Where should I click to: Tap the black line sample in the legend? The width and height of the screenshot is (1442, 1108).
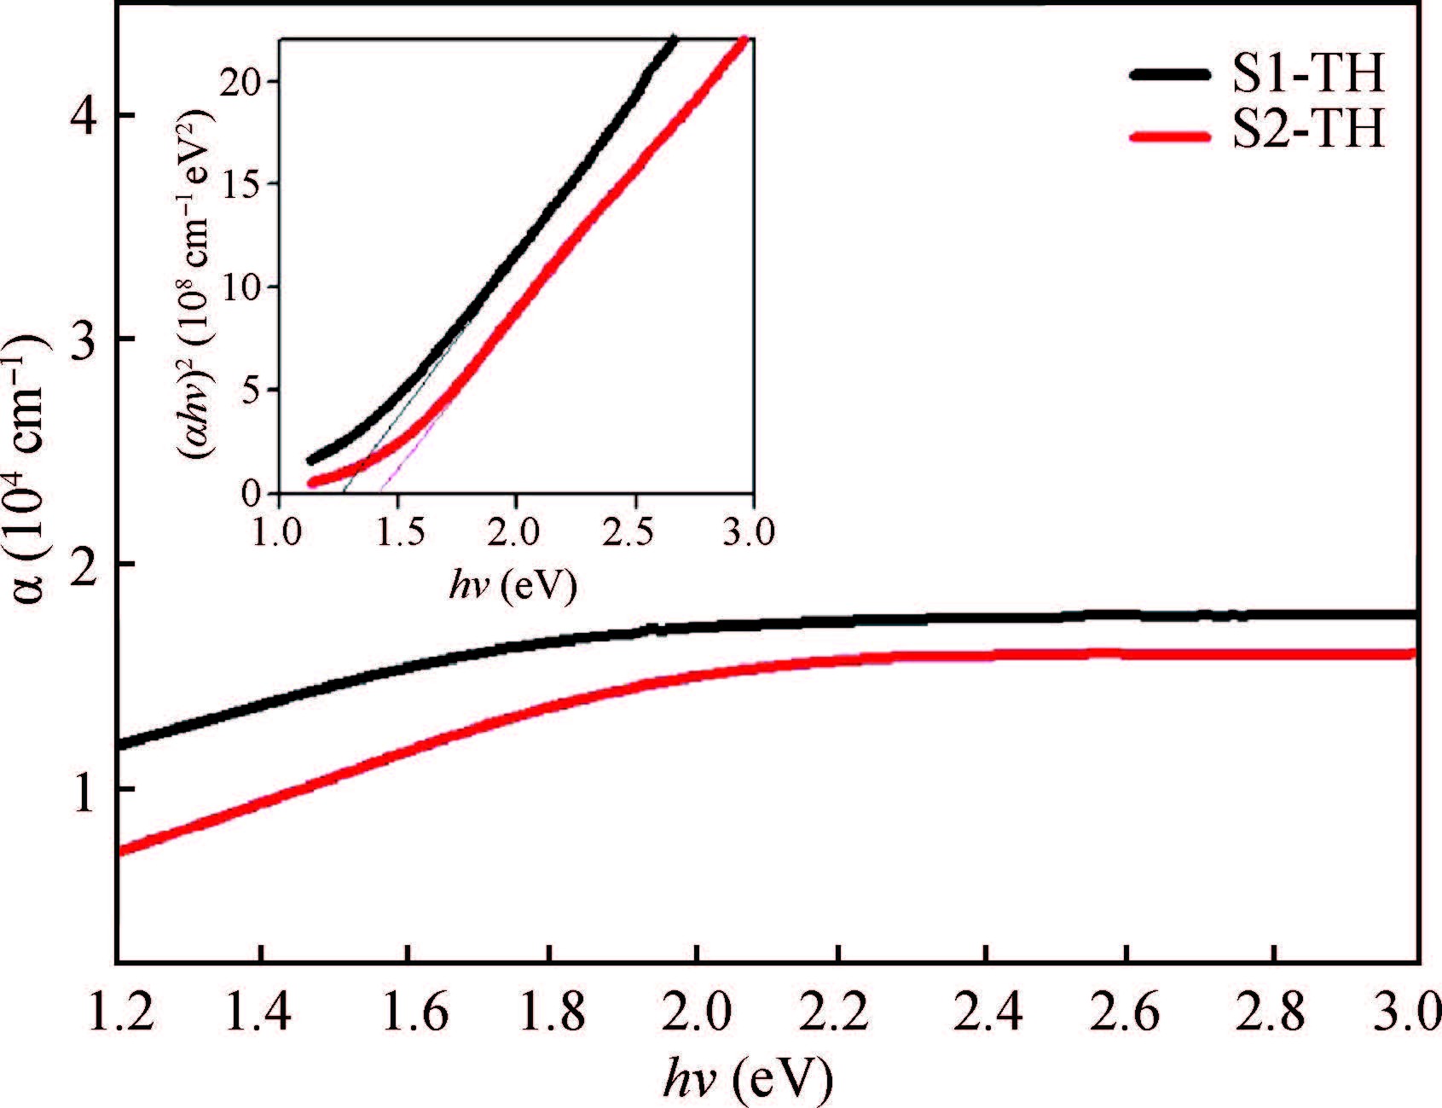[1168, 75]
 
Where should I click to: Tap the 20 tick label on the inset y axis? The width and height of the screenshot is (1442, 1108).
[248, 82]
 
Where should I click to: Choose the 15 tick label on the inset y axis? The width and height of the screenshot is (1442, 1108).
[248, 184]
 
